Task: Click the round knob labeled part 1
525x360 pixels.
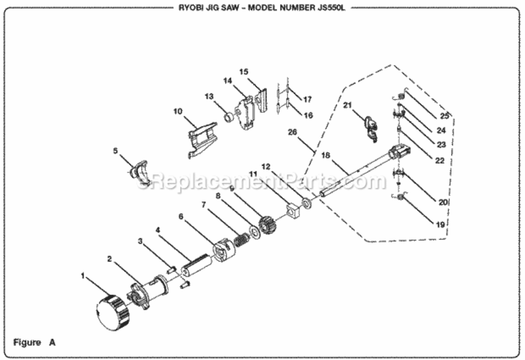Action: point(112,313)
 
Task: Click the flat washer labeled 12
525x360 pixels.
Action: point(306,203)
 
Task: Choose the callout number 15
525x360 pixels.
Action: point(244,72)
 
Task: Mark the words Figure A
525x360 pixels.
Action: point(35,343)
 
